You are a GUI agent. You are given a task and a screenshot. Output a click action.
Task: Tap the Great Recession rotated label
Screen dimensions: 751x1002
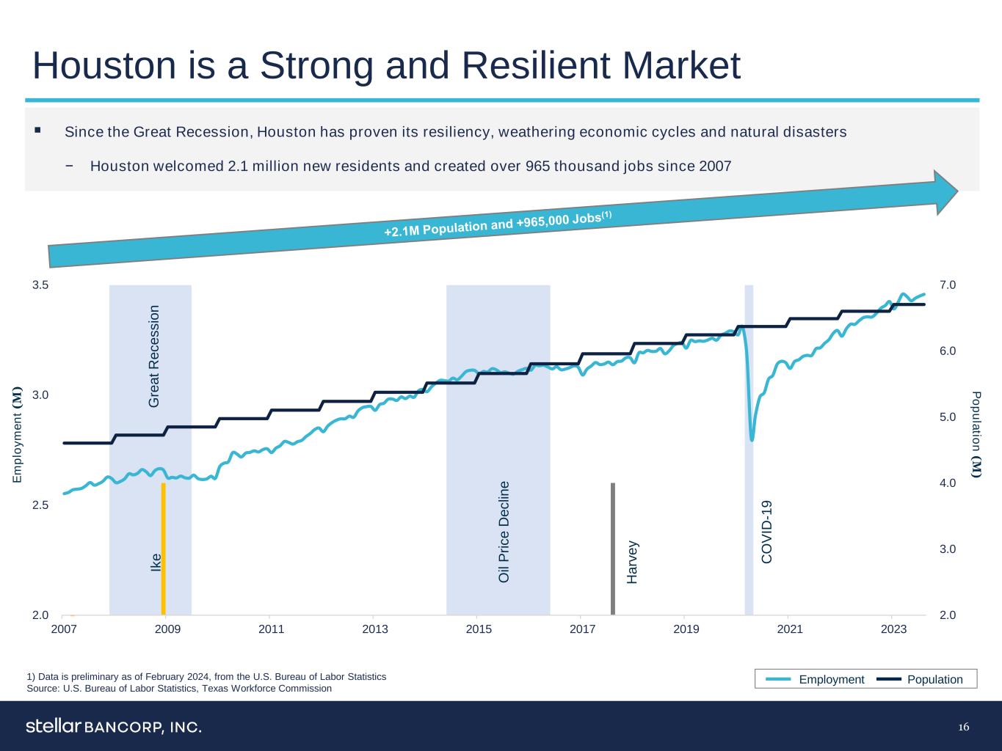153,356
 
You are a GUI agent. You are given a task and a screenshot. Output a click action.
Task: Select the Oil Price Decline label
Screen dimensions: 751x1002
504,532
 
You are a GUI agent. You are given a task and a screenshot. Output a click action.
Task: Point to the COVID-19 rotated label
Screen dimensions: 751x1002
767,532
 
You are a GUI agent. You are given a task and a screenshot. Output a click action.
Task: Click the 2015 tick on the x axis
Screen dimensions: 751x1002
479,629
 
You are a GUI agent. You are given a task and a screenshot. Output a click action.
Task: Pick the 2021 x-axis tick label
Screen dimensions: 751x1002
790,629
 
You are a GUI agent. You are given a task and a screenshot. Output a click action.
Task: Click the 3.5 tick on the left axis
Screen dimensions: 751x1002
40,285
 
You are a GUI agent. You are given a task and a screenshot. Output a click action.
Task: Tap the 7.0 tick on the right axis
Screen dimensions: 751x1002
948,285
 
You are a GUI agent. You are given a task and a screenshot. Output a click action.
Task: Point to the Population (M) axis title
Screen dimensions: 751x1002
976,434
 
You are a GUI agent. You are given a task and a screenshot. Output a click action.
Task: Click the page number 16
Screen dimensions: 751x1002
964,727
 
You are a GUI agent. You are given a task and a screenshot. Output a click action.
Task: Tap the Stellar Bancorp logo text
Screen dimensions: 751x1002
114,727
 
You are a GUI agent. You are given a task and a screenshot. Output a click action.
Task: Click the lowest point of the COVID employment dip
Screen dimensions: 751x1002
752,439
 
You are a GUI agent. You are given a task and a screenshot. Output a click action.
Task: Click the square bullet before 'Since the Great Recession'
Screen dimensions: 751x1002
37,131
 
